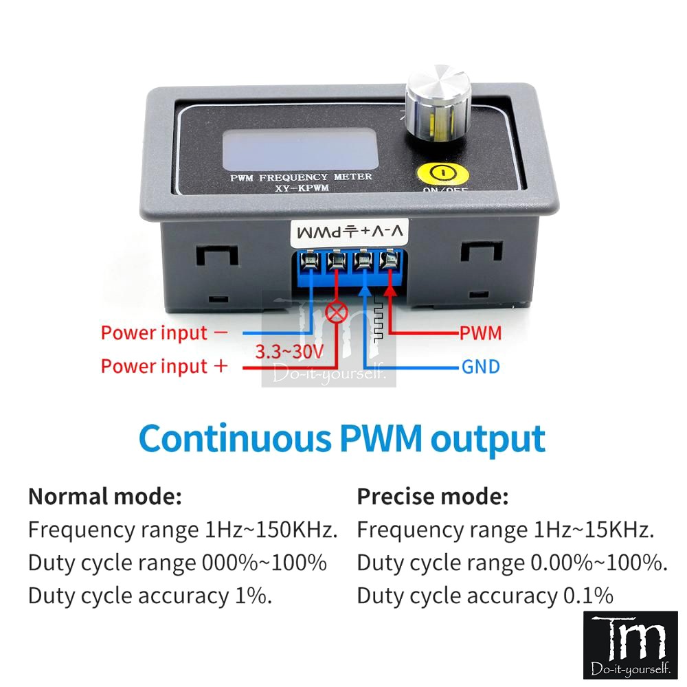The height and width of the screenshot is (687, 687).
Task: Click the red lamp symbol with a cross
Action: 337,313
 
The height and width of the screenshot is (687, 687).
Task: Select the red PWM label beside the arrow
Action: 481,333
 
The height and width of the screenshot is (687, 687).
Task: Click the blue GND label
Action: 481,366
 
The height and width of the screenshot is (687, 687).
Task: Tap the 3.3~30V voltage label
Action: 289,352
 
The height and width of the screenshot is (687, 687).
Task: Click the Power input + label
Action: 164,366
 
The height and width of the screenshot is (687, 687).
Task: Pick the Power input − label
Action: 164,333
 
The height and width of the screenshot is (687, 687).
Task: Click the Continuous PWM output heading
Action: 341,438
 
